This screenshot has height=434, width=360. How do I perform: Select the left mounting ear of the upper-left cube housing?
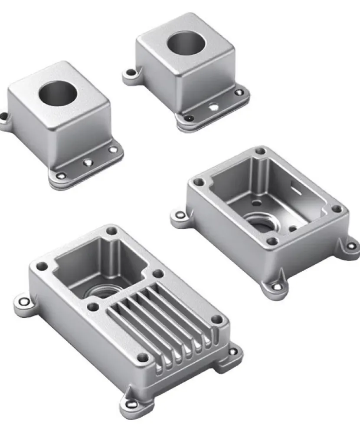point(4,118)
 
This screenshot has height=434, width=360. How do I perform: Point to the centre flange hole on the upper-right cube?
point(213,105)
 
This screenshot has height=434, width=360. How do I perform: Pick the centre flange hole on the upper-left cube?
point(88,162)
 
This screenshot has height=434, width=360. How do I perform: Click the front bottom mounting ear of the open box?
point(276,286)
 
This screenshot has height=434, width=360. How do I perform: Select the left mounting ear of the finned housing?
point(23,302)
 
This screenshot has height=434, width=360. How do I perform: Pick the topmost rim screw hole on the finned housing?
point(112,230)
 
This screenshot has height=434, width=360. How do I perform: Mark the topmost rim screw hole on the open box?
point(260,151)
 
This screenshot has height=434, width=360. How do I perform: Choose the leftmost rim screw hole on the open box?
point(199,182)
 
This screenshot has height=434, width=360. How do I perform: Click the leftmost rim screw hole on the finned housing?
point(41,266)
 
